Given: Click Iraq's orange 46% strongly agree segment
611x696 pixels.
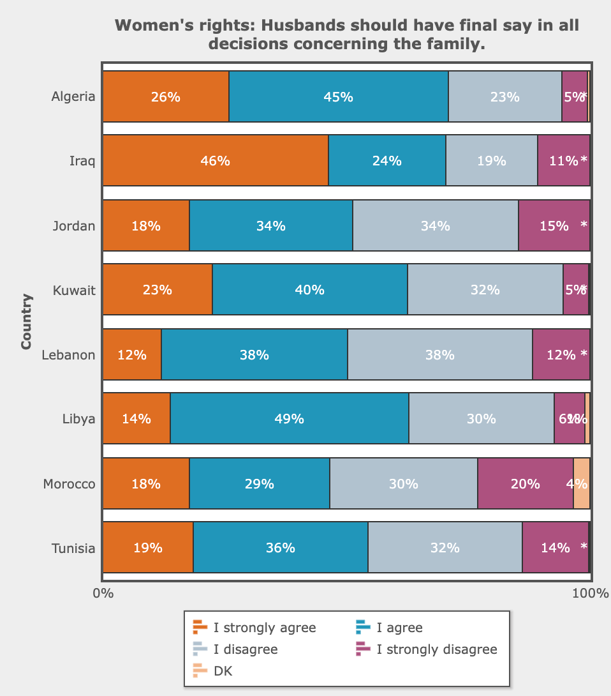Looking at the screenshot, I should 215,160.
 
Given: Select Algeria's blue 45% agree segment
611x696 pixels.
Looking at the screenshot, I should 338,96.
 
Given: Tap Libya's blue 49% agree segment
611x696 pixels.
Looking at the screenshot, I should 289,418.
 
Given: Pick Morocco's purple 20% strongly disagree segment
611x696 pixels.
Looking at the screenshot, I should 525,483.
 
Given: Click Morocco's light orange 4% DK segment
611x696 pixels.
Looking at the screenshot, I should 581,483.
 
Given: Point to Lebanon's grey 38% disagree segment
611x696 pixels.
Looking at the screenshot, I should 439,354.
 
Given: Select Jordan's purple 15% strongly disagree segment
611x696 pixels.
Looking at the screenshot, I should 554,225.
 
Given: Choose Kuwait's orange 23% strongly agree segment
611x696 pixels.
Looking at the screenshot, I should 157,289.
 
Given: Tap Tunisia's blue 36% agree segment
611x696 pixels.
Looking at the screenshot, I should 280,547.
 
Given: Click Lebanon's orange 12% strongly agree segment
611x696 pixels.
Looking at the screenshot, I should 132,354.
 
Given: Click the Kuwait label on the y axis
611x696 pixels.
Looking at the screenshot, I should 74,291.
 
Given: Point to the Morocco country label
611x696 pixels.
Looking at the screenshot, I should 69,484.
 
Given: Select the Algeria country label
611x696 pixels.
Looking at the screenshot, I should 73,97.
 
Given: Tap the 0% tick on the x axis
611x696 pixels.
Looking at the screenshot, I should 103,593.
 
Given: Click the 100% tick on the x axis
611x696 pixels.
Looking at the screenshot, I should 590,593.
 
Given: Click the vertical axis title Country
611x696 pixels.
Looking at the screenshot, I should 26,321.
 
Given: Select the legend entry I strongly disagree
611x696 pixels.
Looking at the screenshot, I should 436,649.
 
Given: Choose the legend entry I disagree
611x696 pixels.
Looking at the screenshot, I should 245,649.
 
